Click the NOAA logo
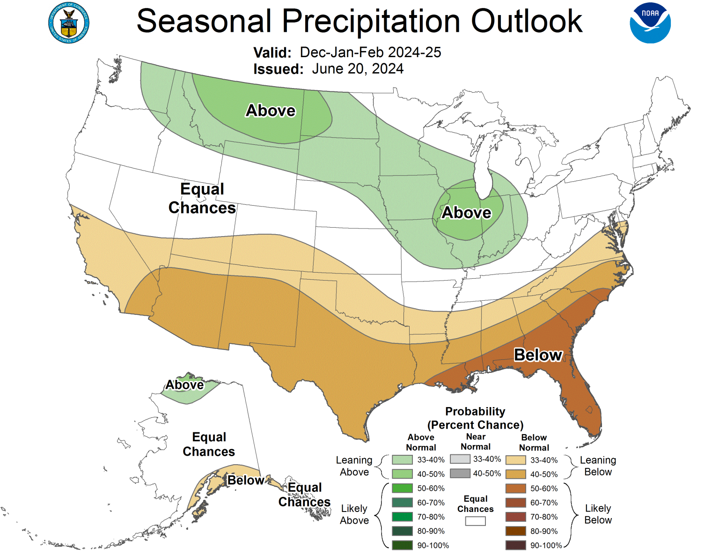click(x=650, y=23)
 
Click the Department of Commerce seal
click(x=69, y=23)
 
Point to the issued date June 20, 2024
click(x=358, y=69)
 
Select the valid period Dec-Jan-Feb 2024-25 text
click(x=370, y=52)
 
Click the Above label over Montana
click(x=271, y=111)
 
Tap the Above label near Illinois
click(x=466, y=213)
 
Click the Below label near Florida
click(x=538, y=355)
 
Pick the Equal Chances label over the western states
click(x=202, y=198)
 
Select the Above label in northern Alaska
click(x=184, y=385)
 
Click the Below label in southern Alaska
click(x=245, y=480)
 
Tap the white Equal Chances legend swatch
click(x=475, y=521)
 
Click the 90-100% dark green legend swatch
click(x=402, y=545)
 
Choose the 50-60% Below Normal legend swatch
click(x=515, y=489)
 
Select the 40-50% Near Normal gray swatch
click(x=460, y=474)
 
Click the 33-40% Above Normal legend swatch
click(x=402, y=460)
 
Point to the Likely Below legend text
click(x=598, y=514)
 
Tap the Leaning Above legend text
click(x=354, y=466)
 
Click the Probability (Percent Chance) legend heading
click(x=475, y=418)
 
